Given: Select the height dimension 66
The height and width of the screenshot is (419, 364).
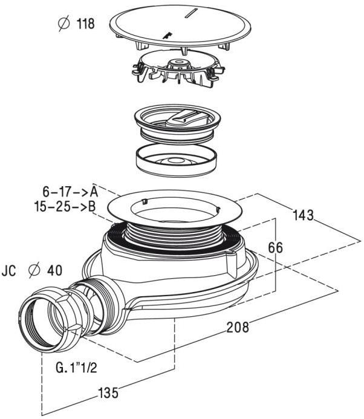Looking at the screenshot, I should [276, 248].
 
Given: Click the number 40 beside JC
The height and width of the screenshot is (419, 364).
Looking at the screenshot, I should [55, 271].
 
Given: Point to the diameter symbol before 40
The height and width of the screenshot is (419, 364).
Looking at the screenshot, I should [34, 271].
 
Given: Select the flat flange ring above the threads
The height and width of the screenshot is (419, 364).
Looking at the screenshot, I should [175, 209].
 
